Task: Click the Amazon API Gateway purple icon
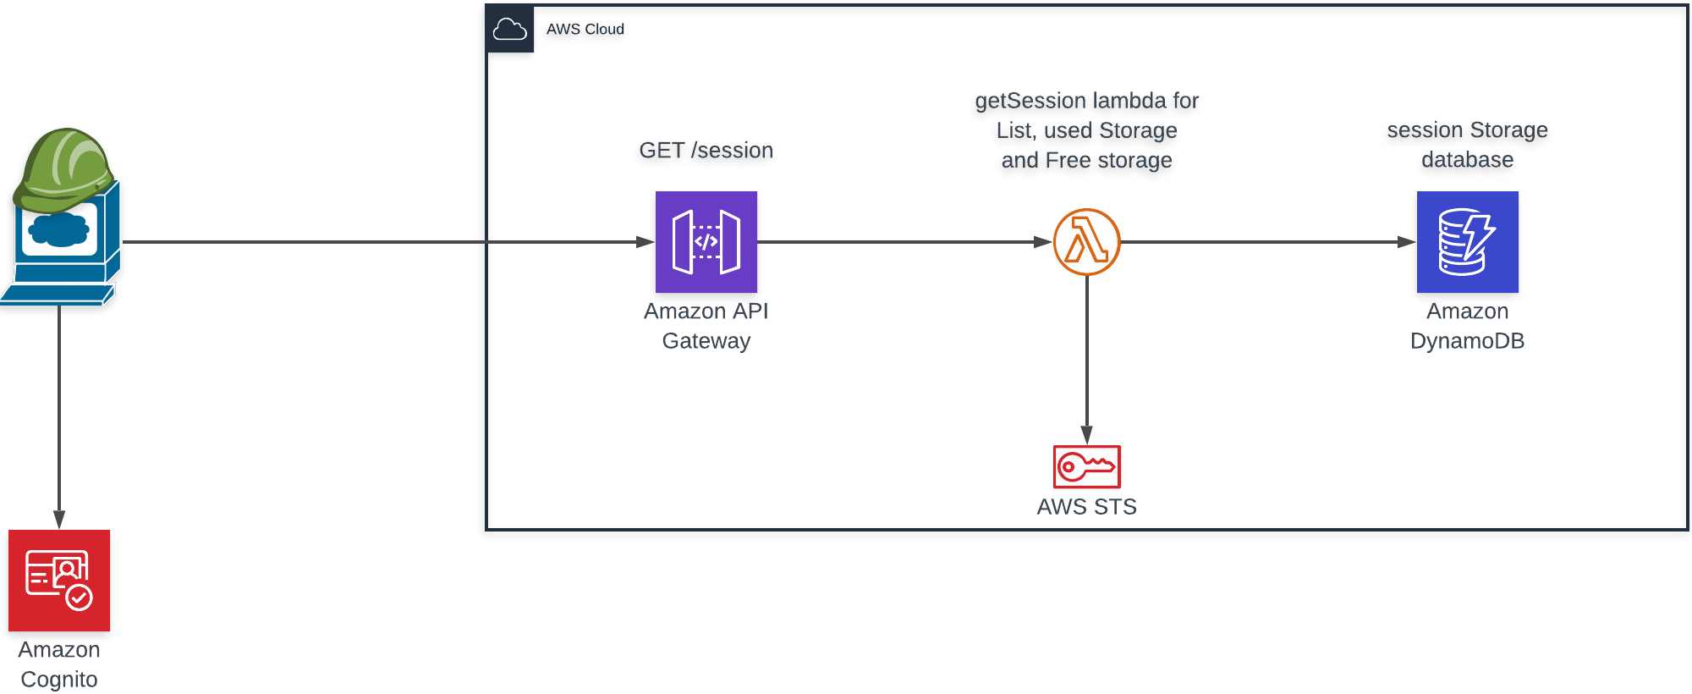[x=706, y=242]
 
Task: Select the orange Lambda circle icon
[x=1086, y=242]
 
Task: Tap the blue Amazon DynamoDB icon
[x=1467, y=242]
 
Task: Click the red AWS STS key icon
[x=1086, y=466]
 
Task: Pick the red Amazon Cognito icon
[x=59, y=581]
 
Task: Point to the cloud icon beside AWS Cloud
[x=509, y=30]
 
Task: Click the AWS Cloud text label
[x=585, y=30]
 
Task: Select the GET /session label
[x=706, y=151]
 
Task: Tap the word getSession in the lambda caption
[x=1015, y=102]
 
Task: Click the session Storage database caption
[x=1467, y=145]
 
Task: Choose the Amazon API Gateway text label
[x=706, y=326]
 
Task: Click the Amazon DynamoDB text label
[x=1467, y=326]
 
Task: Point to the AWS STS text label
[x=1086, y=507]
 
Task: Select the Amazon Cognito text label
[x=59, y=664]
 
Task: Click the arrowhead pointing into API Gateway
[x=645, y=242]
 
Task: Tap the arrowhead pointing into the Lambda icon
[x=1043, y=242]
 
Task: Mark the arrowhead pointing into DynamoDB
[x=1407, y=242]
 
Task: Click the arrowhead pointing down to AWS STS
[x=1086, y=435]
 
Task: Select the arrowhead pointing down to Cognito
[x=59, y=519]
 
